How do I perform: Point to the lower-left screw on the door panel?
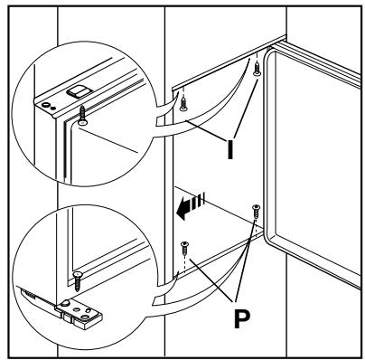pos(185,246)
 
